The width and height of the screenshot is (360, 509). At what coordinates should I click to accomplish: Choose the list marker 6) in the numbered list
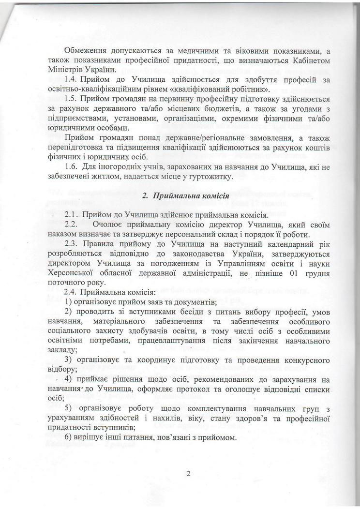pos(69,437)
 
